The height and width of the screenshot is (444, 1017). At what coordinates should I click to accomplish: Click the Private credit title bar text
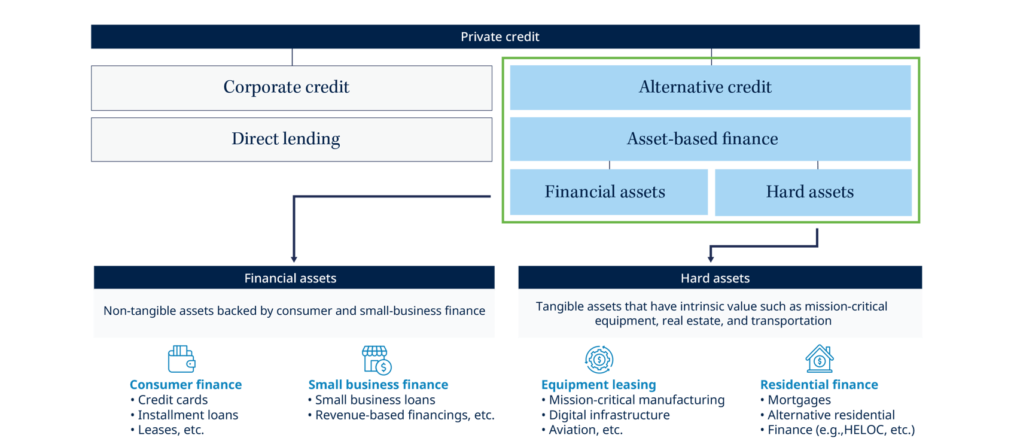(x=500, y=37)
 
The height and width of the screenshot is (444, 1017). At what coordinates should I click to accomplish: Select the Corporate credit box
(x=291, y=87)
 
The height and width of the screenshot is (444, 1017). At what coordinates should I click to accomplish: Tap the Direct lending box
(x=291, y=139)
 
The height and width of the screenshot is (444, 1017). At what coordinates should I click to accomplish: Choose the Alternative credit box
(x=710, y=87)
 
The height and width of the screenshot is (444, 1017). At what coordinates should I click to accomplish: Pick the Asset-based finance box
(x=710, y=139)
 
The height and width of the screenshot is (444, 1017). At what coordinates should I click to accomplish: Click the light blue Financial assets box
(x=608, y=192)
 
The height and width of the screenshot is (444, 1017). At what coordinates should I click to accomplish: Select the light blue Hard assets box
(x=812, y=192)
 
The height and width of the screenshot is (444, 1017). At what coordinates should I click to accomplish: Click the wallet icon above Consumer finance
(x=181, y=359)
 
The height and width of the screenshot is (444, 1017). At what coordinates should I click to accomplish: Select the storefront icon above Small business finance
(x=376, y=359)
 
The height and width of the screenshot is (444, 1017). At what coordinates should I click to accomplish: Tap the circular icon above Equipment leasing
(x=599, y=359)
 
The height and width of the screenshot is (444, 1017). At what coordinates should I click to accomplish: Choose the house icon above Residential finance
(x=819, y=359)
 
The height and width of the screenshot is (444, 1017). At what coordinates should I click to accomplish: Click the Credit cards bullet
(x=172, y=400)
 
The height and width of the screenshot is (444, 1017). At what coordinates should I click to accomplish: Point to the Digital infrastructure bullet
(x=609, y=415)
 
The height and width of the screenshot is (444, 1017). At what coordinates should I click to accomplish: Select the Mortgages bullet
(x=799, y=400)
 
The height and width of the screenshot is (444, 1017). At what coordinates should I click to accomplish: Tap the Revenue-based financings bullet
(x=404, y=415)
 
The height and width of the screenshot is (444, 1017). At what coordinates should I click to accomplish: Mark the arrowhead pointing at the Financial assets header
(x=294, y=259)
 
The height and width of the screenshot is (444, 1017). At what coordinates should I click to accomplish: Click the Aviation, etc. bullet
(x=585, y=430)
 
